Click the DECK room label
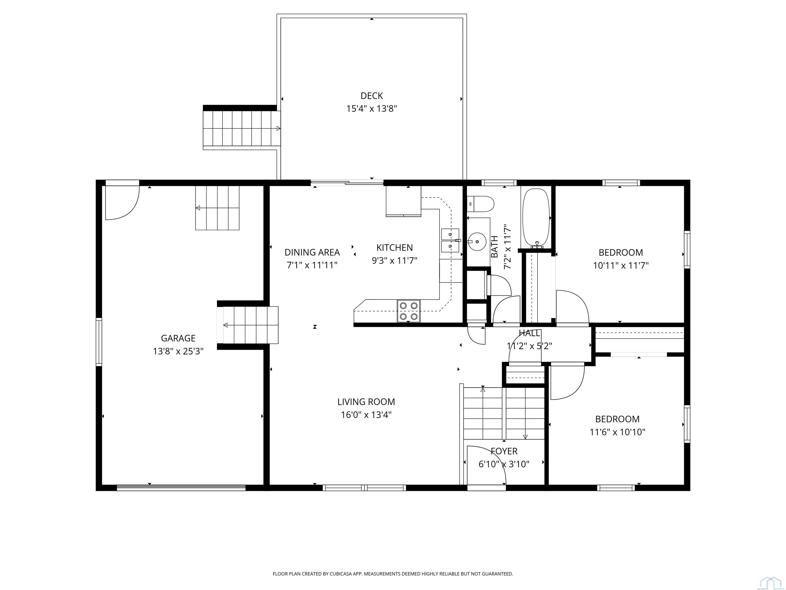pyautogui.click(x=372, y=96)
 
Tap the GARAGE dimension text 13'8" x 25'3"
pyautogui.click(x=178, y=351)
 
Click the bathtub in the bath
pyautogui.click(x=536, y=218)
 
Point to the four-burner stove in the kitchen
pyautogui.click(x=409, y=311)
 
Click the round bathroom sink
pyautogui.click(x=477, y=242)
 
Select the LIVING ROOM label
pyautogui.click(x=366, y=402)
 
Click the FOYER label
pyautogui.click(x=504, y=451)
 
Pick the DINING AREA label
pyautogui.click(x=312, y=252)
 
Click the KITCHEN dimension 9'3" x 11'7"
pyautogui.click(x=395, y=261)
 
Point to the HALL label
pyautogui.click(x=529, y=333)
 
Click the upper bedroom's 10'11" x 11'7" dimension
pyautogui.click(x=621, y=266)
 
